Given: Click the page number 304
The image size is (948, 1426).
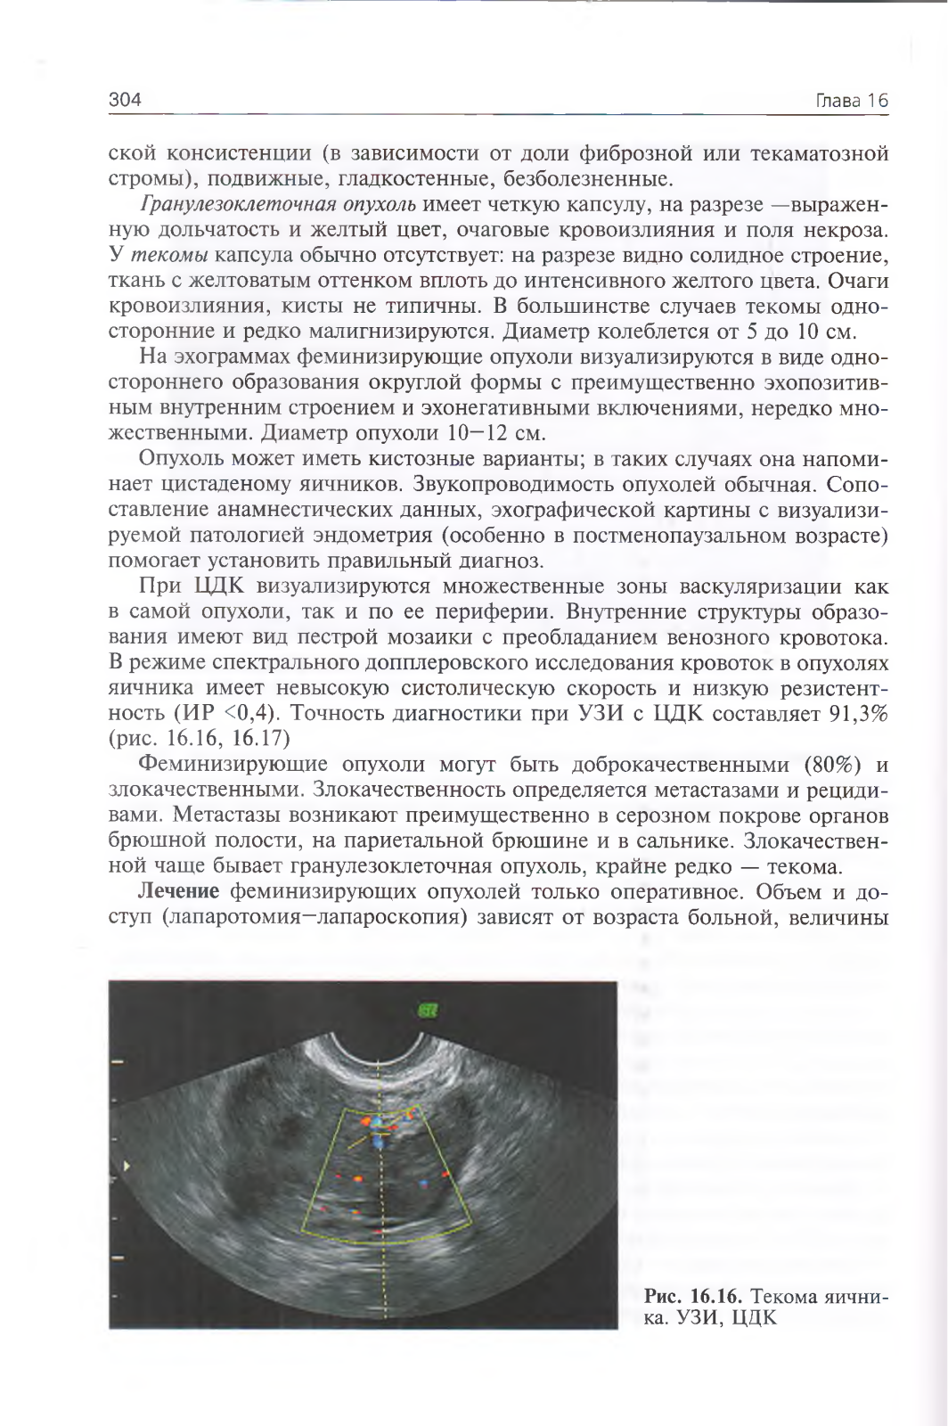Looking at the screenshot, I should point(125,99).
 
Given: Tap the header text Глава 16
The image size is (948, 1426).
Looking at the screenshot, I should point(852,101).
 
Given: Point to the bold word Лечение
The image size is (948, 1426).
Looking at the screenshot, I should point(178,892).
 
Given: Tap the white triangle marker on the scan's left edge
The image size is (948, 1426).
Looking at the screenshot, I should point(127,1164).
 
